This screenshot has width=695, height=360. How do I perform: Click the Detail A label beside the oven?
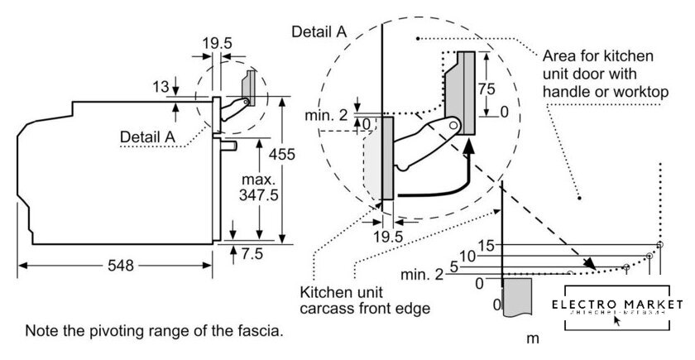pos(148,135)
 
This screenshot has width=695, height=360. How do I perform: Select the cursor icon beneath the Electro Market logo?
pos(616,319)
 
